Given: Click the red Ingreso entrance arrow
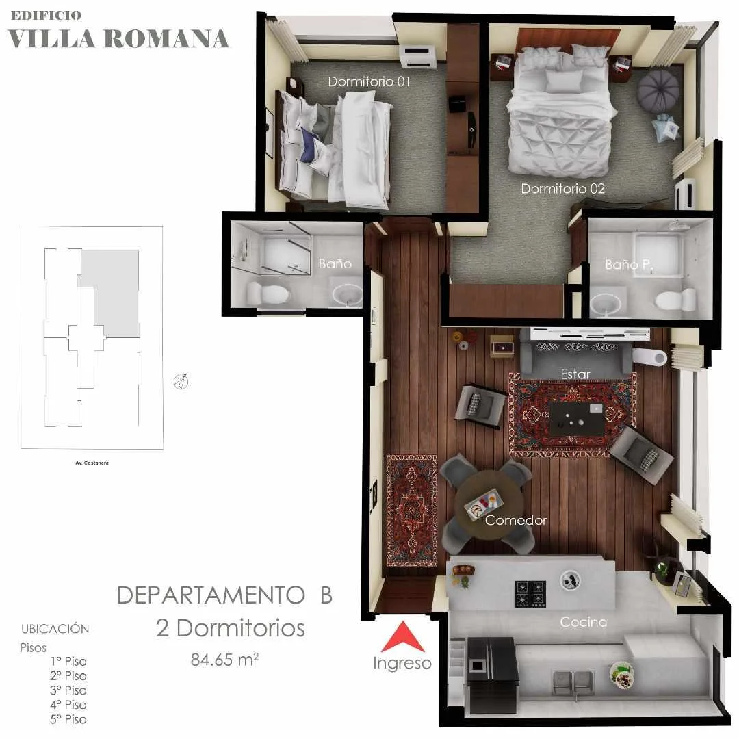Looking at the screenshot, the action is coord(403,637).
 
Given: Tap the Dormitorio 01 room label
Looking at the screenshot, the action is coord(369,81).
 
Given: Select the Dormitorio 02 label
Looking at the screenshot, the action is coord(562,189).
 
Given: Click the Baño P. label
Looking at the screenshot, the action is coord(630,264).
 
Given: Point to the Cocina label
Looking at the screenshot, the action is coord(583,622).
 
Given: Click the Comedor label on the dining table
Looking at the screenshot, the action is coord(516,520).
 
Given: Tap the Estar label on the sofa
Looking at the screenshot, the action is coord(575,374).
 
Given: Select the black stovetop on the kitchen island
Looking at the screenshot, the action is coord(530,593).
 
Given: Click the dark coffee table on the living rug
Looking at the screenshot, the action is coord(576,418).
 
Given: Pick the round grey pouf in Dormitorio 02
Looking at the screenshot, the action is coord(659,91).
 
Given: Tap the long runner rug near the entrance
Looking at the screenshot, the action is coord(411,510).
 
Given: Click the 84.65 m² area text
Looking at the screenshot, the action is coord(224,659).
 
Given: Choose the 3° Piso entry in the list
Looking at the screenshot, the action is coord(68,690).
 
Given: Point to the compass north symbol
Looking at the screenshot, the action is coord(181,381).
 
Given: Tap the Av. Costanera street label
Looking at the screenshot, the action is coord(92,463).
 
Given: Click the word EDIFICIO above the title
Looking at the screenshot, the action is coord(46,16).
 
